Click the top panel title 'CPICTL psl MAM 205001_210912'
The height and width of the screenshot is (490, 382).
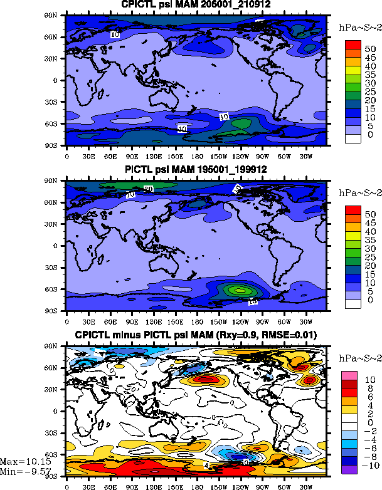(196, 6)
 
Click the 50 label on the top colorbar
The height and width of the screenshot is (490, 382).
(370, 48)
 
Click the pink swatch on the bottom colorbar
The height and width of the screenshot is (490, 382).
(352, 375)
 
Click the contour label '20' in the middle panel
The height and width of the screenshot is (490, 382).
(149, 189)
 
